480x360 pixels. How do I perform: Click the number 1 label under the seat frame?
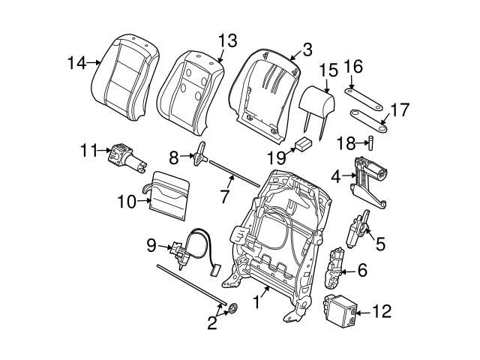click(x=257, y=302)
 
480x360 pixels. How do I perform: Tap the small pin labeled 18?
click(x=369, y=143)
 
